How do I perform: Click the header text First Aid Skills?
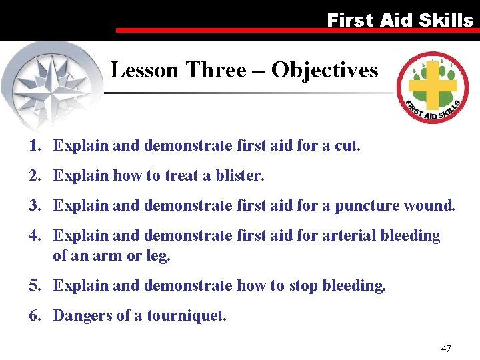400,20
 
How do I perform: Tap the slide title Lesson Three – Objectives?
244,70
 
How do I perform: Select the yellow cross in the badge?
433,85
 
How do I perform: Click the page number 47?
446,349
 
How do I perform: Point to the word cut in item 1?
346,145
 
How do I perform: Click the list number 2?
33,175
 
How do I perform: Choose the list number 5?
33,285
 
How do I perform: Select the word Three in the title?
215,70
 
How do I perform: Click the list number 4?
33,235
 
